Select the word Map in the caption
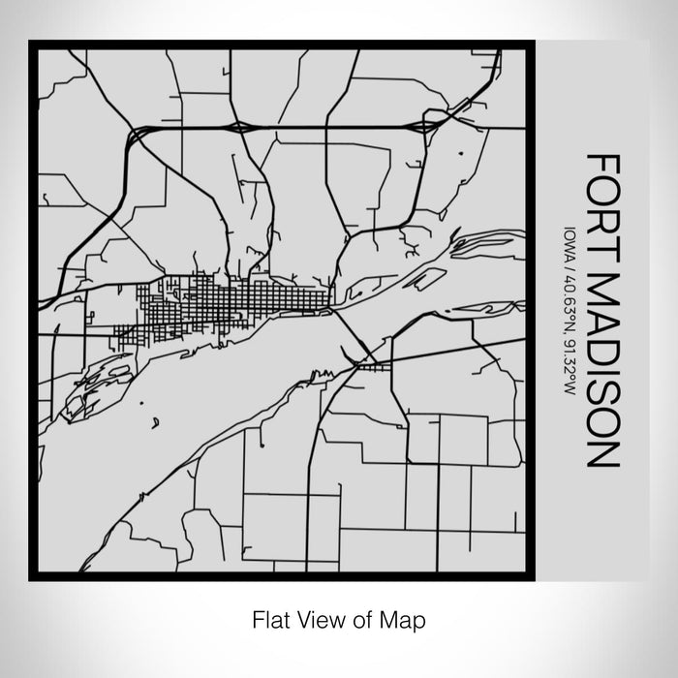click(x=406, y=618)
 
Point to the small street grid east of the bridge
click(x=373, y=366)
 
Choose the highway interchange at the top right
click(x=426, y=125)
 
